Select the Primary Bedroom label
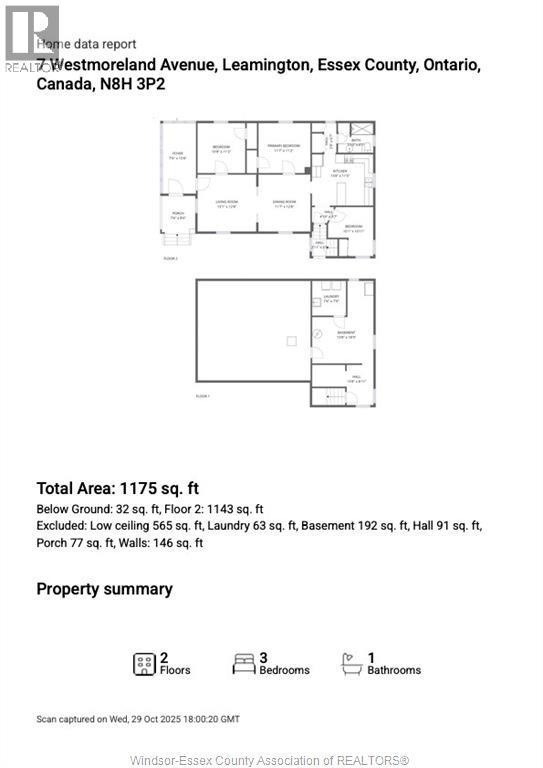[x=284, y=148]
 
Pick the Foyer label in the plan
[x=177, y=154]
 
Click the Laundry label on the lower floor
[x=331, y=298]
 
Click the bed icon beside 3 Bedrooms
[x=243, y=663]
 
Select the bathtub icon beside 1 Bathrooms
[x=351, y=663]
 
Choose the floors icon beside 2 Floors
[x=144, y=663]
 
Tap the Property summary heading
[x=104, y=589]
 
